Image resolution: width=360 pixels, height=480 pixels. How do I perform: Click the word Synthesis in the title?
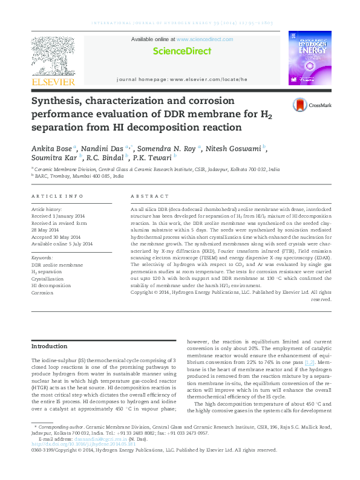click(58, 101)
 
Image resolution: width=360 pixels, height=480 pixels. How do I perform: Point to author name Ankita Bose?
click(53, 148)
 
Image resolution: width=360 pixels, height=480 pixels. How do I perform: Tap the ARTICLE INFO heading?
click(57, 196)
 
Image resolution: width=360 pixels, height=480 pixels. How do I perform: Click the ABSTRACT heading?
click(150, 196)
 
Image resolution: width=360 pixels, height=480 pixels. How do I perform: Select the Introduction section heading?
click(49, 346)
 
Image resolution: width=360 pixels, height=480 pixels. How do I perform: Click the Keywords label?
click(42, 258)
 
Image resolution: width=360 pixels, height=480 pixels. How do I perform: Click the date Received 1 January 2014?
click(59, 216)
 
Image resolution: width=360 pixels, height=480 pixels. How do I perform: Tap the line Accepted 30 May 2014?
click(56, 236)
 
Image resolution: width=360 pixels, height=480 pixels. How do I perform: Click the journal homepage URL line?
click(182, 79)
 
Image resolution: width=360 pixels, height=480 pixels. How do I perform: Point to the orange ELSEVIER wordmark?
click(53, 82)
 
